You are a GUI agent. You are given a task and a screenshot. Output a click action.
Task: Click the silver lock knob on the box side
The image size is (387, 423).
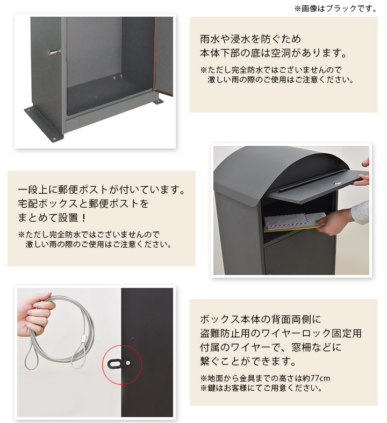(54, 52)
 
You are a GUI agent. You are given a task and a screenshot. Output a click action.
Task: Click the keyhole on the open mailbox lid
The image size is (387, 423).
(338, 183)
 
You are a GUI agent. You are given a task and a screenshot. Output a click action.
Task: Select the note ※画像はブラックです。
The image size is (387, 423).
(336, 9)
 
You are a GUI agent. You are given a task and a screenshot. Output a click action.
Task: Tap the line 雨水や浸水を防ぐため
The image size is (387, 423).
(250, 39)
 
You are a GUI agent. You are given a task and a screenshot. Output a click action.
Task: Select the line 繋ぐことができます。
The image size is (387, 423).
(248, 361)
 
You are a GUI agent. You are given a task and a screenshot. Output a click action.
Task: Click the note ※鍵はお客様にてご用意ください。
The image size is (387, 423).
(261, 388)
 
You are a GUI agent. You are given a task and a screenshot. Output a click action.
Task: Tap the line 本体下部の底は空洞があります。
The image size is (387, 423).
(274, 53)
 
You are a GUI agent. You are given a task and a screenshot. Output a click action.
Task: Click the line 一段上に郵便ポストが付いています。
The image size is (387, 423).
(102, 189)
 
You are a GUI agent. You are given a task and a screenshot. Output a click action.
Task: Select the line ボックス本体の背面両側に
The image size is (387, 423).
(261, 319)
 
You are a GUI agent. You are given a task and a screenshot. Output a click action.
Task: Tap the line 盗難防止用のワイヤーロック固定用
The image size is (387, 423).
(281, 333)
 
